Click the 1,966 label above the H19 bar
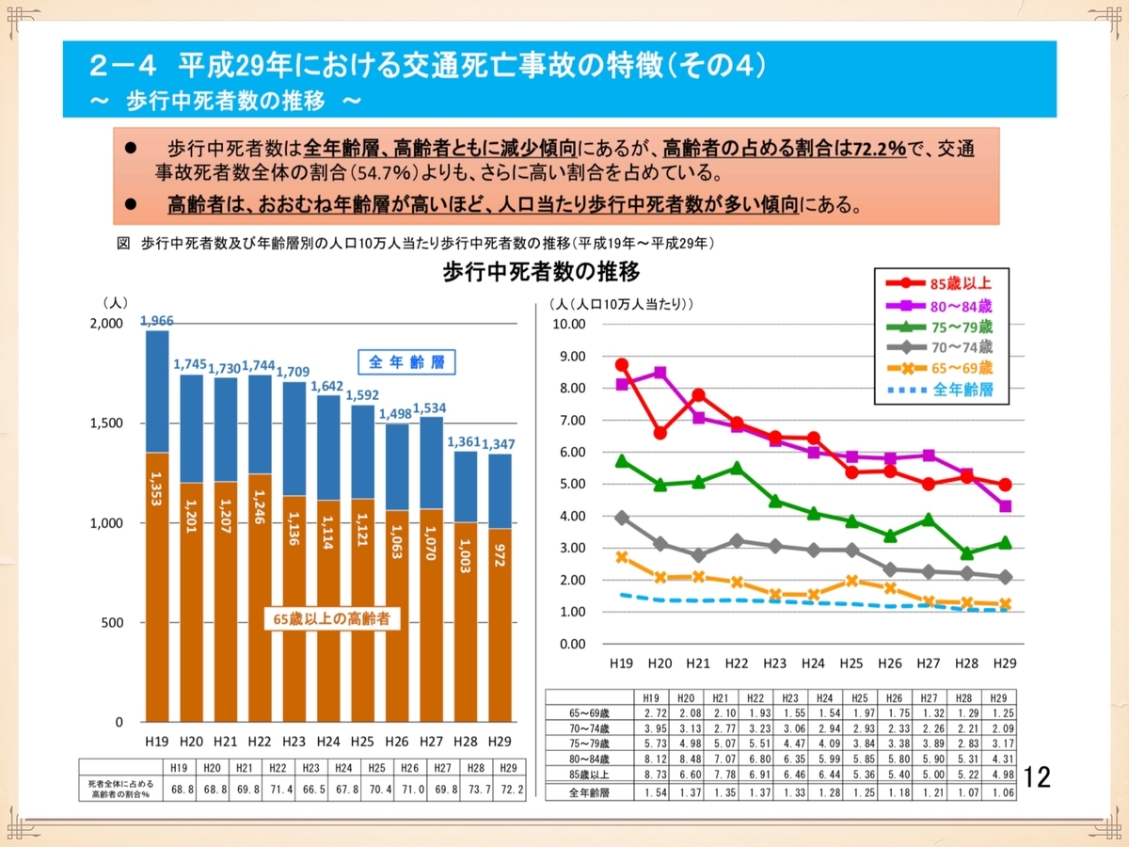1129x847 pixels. [157, 321]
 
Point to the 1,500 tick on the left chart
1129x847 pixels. [105, 423]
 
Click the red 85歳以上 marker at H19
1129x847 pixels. [621, 364]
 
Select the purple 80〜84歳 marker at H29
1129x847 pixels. [1005, 506]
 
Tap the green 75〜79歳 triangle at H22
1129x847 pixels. [736, 467]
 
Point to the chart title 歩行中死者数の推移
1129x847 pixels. [541, 273]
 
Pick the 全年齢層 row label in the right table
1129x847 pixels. [589, 793]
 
